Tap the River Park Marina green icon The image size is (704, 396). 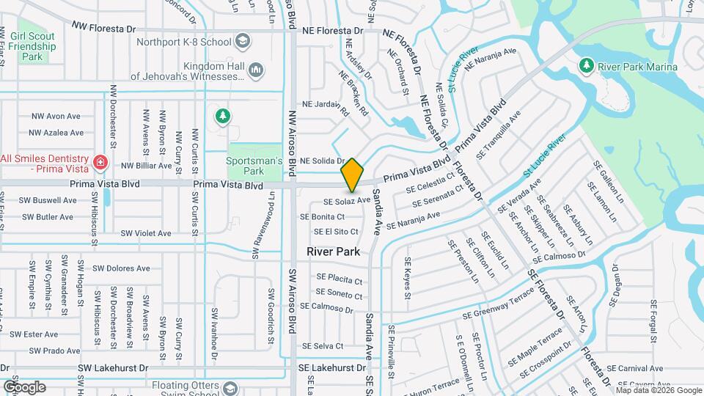pyautogui.click(x=586, y=66)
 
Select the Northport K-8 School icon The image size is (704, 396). pyautogui.click(x=241, y=43)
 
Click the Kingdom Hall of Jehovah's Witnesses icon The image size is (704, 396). pyautogui.click(x=256, y=70)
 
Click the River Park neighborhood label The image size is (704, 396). pyautogui.click(x=332, y=252)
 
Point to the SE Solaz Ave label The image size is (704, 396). pyautogui.click(x=347, y=200)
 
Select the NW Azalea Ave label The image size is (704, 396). pyautogui.click(x=56, y=133)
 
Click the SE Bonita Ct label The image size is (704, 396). pyautogui.click(x=322, y=217)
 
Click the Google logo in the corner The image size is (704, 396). pyautogui.click(x=24, y=386)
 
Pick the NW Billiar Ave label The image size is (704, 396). pyautogui.click(x=147, y=166)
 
